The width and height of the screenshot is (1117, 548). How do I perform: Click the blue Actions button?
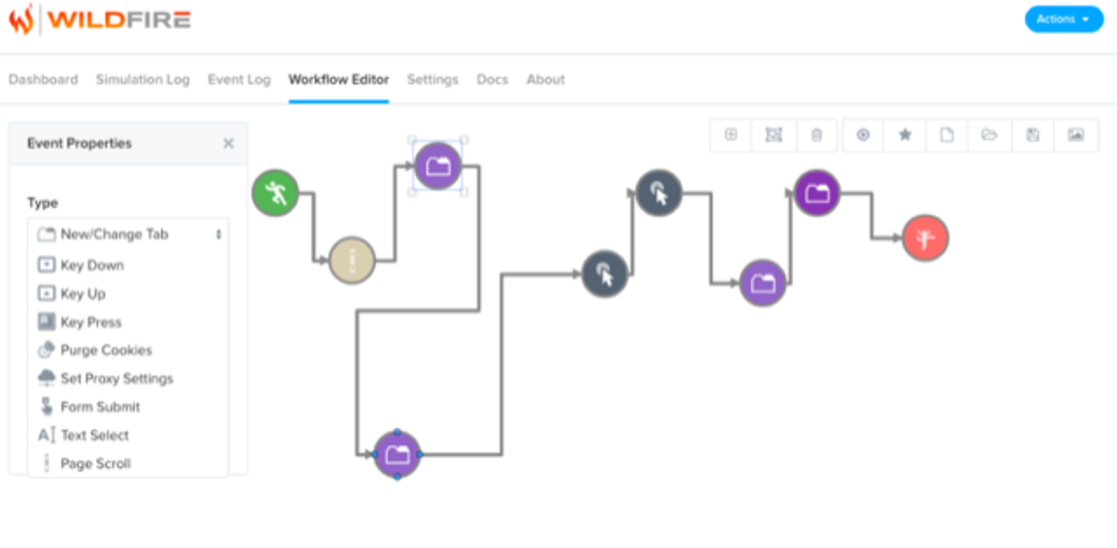(x=1063, y=20)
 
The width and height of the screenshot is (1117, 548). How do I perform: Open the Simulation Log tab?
(x=142, y=80)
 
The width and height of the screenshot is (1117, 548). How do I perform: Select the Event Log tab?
(x=239, y=80)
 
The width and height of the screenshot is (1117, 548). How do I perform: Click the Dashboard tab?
(x=44, y=80)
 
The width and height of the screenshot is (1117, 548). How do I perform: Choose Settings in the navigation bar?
(x=433, y=80)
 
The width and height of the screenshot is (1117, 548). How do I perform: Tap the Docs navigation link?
(x=492, y=80)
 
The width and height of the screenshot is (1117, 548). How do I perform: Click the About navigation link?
(x=545, y=80)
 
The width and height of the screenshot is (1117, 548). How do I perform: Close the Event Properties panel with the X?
(x=228, y=143)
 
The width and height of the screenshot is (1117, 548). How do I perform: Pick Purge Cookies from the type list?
(x=106, y=351)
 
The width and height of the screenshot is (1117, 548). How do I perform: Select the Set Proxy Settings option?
(x=116, y=379)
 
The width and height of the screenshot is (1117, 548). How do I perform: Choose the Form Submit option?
(x=101, y=408)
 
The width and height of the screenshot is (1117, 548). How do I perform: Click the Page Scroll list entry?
(x=96, y=463)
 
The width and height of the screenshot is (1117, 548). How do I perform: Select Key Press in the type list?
(x=91, y=323)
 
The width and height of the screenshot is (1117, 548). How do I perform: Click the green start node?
(x=276, y=194)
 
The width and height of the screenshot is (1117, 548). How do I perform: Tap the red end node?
(x=925, y=238)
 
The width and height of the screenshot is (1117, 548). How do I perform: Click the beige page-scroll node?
(x=352, y=261)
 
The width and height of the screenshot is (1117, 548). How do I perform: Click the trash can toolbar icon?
(x=816, y=135)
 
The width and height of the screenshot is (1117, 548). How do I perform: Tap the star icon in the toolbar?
(x=905, y=135)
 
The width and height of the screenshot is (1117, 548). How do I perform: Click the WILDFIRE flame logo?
(x=21, y=20)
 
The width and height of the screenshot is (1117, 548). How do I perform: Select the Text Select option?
(x=95, y=435)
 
